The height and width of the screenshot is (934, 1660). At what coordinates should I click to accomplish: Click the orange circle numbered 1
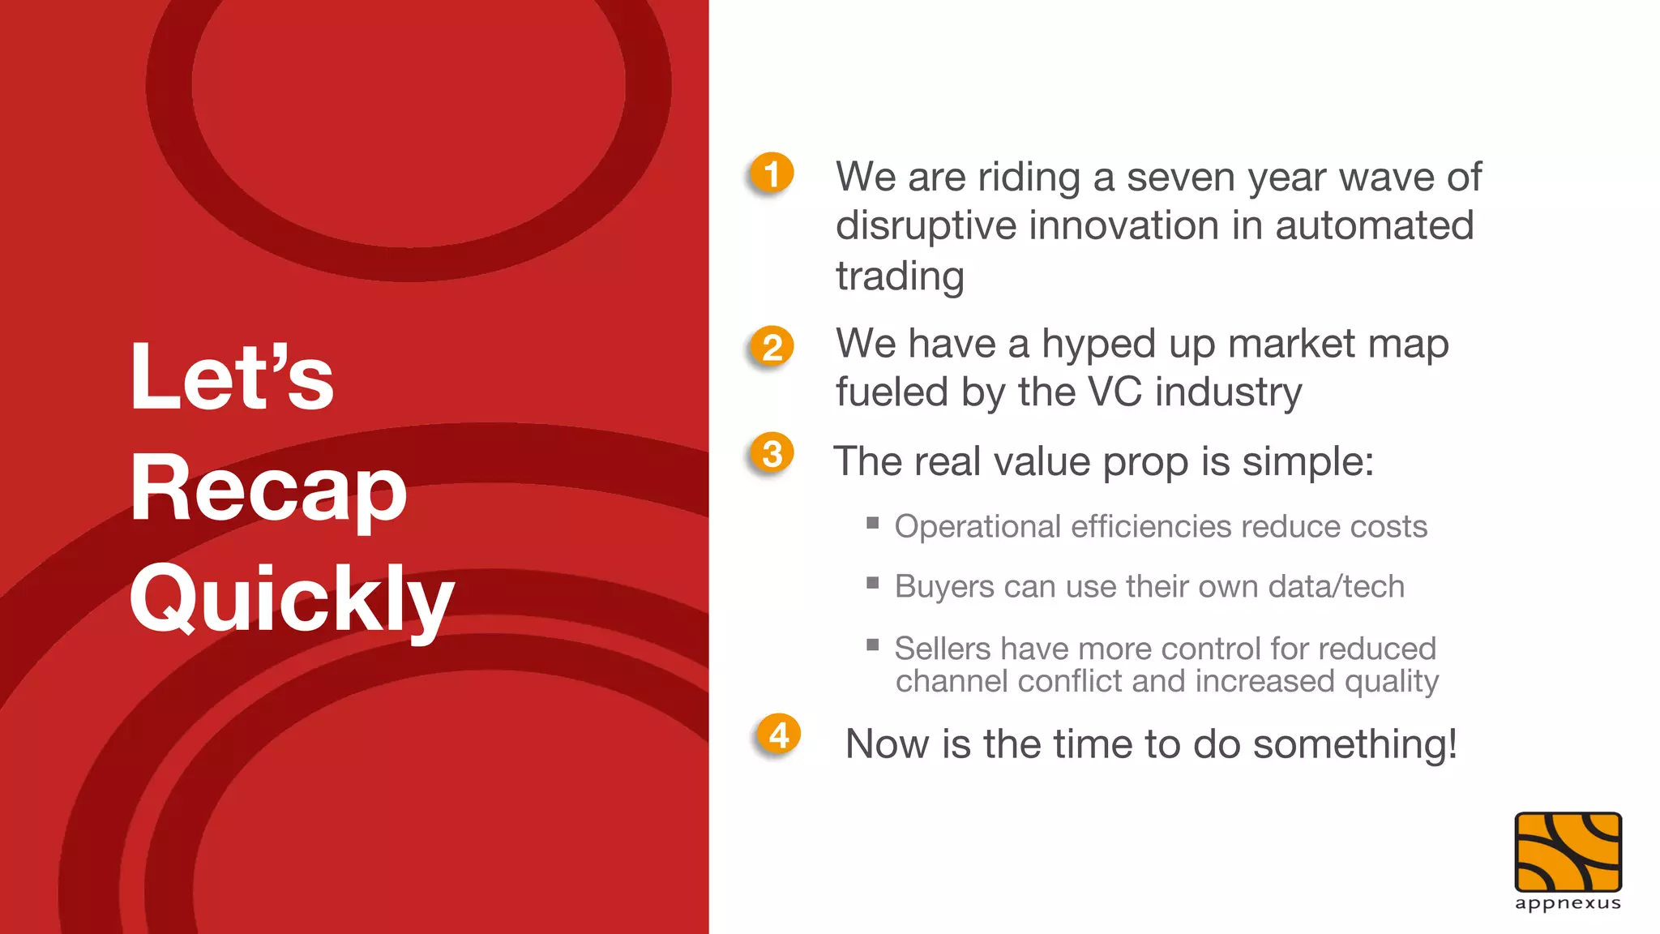pyautogui.click(x=771, y=174)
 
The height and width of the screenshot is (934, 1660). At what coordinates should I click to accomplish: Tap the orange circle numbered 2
pyautogui.click(x=771, y=347)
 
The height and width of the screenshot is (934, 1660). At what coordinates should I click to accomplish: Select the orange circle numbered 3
pyautogui.click(x=772, y=453)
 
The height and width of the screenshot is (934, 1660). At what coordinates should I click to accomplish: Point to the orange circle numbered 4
pyautogui.click(x=778, y=735)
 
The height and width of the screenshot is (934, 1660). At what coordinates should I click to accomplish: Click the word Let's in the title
pyautogui.click(x=232, y=377)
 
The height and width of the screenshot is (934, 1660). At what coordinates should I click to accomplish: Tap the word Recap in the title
pyautogui.click(x=268, y=489)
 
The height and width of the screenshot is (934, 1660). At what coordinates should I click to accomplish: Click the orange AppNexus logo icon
pyautogui.click(x=1568, y=852)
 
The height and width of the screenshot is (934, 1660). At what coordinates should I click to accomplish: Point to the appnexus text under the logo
pyautogui.click(x=1568, y=903)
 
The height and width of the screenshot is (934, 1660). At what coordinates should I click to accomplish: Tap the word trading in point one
pyautogui.click(x=900, y=276)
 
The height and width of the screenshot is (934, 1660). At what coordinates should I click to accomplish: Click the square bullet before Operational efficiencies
pyautogui.click(x=873, y=523)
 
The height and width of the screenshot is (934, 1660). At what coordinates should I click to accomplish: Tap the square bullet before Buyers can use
pyautogui.click(x=873, y=583)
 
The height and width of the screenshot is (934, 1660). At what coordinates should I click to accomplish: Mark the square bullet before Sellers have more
pyautogui.click(x=873, y=645)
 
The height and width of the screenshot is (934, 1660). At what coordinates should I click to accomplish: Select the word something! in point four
pyautogui.click(x=1354, y=743)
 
